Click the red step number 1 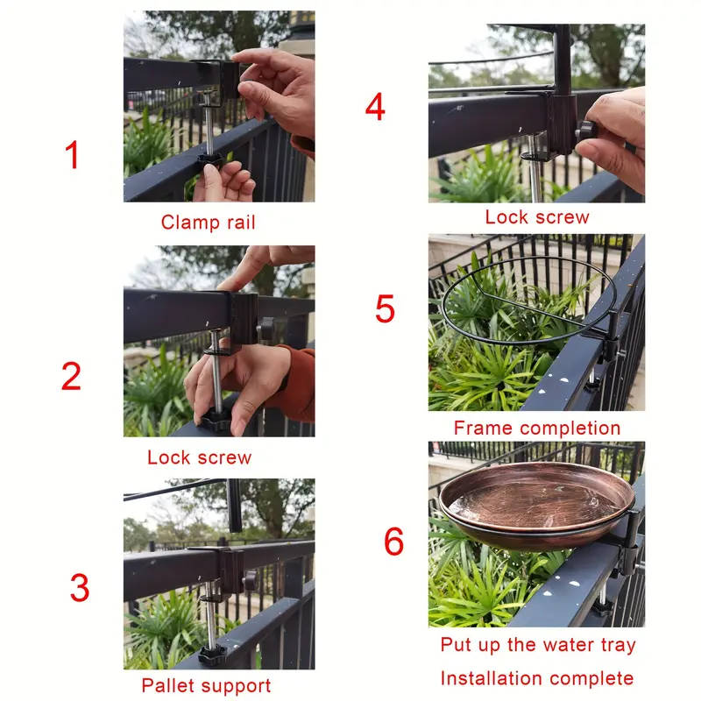pos(72,156)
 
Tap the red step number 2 pos(72,376)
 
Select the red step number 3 pos(80,588)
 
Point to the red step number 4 pos(375,108)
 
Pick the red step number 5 pos(385,309)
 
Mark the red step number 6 pos(393,542)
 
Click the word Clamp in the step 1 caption pos(185,223)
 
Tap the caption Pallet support pos(206,685)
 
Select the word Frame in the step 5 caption pos(484,428)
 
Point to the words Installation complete pos(536,678)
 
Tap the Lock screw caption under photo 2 pos(199,457)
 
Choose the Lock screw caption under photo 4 pos(537,217)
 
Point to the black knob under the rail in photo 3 pos(211,654)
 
